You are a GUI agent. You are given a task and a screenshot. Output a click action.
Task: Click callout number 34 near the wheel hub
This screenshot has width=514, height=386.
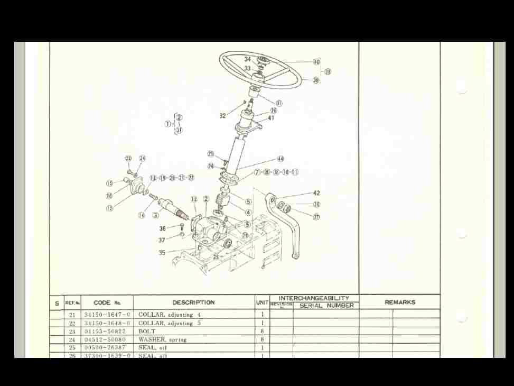[x=248, y=60]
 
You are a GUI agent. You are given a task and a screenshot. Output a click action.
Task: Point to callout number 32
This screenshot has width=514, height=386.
[x=222, y=116]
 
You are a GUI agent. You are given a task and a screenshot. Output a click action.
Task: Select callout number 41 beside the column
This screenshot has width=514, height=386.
[x=271, y=118]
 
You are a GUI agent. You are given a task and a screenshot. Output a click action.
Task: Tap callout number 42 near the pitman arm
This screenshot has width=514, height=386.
[x=316, y=194]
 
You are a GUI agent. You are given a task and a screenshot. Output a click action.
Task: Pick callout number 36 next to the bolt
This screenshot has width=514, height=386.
[x=162, y=229]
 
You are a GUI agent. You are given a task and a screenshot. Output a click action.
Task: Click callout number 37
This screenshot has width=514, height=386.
[x=162, y=241]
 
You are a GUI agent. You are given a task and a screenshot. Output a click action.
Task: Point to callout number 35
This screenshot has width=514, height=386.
[x=162, y=253]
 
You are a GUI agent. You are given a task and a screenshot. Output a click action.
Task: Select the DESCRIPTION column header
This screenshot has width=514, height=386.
[x=193, y=302]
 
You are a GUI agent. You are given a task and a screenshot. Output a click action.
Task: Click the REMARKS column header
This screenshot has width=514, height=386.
[x=400, y=302]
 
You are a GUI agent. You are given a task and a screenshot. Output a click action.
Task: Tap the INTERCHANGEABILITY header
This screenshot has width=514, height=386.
[x=314, y=299]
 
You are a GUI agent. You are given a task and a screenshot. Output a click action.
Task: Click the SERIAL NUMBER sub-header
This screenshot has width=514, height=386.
[x=326, y=306]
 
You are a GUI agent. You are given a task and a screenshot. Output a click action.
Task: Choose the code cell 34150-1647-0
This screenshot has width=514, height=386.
[x=107, y=315]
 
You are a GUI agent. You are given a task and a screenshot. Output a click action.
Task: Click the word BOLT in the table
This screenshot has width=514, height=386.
[x=147, y=331]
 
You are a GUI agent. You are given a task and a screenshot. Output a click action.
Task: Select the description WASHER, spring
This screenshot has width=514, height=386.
[x=162, y=339]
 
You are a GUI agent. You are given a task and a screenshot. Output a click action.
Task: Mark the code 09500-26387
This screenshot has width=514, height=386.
[x=107, y=348]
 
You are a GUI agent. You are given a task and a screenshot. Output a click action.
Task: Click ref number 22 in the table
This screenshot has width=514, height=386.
[x=72, y=323]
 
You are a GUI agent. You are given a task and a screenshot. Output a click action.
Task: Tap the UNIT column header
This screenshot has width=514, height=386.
[x=263, y=302]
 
